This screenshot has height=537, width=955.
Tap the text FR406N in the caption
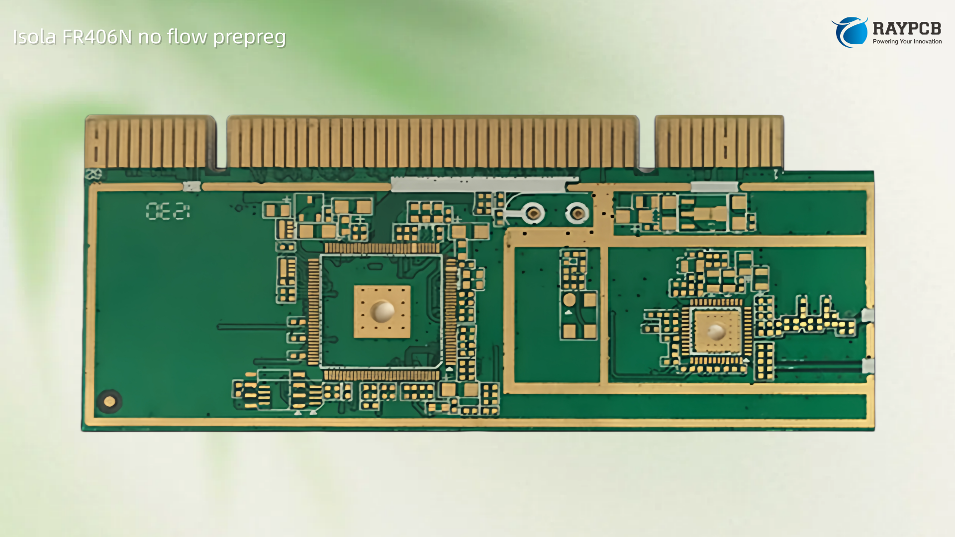tap(97, 37)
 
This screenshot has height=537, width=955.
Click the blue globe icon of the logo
tap(850, 32)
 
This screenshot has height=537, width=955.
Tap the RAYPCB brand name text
tap(907, 28)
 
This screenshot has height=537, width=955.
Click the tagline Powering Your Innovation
tap(907, 42)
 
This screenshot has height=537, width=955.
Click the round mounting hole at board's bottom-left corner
tap(109, 401)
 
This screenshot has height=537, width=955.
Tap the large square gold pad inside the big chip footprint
tap(382, 311)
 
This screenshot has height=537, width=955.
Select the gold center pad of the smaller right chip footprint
tap(716, 331)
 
